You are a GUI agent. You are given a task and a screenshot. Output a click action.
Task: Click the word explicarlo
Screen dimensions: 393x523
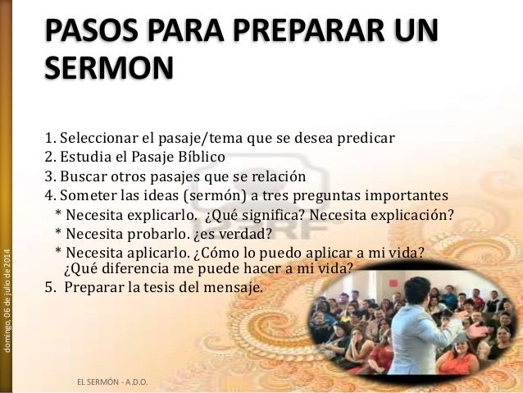tap(161, 216)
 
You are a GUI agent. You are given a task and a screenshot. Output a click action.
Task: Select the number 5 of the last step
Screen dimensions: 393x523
tap(48, 288)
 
